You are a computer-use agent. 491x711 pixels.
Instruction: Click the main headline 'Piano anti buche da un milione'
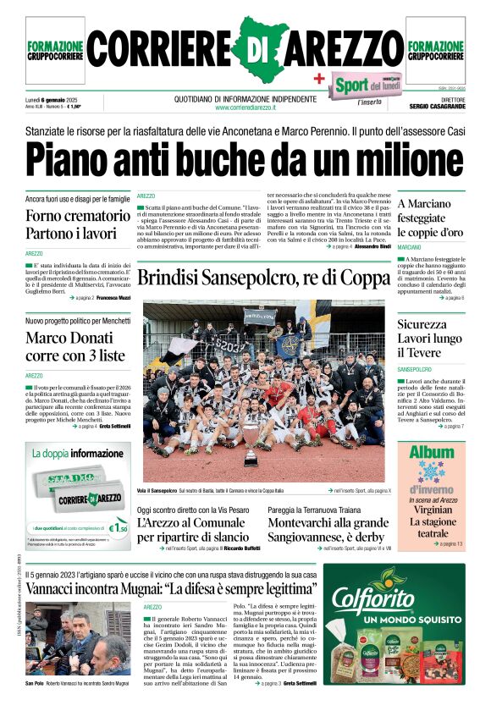pyautogui.click(x=245, y=157)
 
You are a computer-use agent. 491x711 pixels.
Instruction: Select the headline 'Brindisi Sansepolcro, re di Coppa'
pyautogui.click(x=262, y=278)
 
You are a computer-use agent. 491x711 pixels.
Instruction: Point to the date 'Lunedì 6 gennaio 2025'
pyautogui.click(x=53, y=98)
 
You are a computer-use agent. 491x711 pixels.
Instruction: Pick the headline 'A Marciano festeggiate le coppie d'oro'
pyautogui.click(x=431, y=218)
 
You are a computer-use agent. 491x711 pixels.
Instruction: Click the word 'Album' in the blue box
pyautogui.click(x=432, y=452)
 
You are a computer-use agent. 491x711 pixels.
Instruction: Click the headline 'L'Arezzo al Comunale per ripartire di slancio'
pyautogui.click(x=193, y=529)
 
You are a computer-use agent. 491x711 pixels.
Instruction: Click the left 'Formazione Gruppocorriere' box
pyautogui.click(x=55, y=51)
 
